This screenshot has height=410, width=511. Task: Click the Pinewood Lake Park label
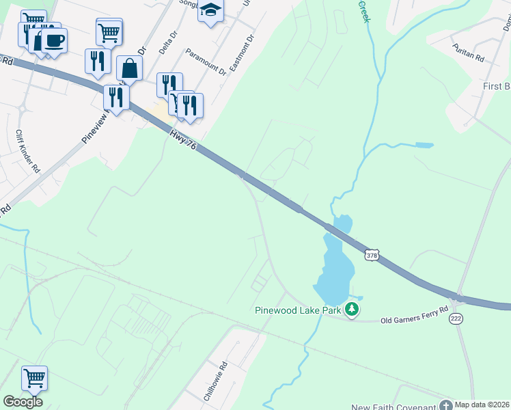coord(298,310)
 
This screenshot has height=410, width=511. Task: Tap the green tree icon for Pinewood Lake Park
coord(352,310)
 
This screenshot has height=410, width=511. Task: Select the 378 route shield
coord(371,253)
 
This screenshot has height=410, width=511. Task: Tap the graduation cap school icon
coord(211,12)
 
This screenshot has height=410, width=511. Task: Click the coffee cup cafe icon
coord(54,39)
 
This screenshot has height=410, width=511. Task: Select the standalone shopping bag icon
coord(129,68)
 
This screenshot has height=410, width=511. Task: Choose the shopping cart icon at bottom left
coord(33,377)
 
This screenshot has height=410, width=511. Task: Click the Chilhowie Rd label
coord(215,381)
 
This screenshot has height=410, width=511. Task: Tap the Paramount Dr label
coord(204,68)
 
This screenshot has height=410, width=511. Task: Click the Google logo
coord(22,402)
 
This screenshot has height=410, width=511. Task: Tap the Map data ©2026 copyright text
coord(482,405)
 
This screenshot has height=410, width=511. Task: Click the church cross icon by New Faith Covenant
coord(446,405)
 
